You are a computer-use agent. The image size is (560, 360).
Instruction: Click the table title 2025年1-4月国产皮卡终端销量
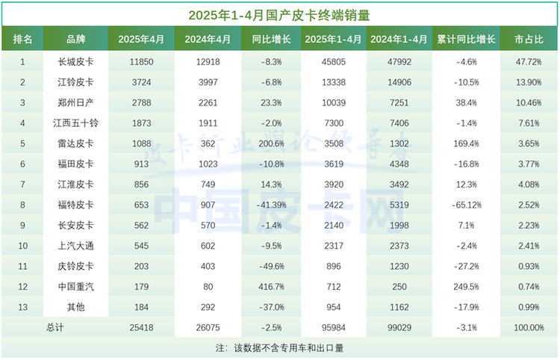279,14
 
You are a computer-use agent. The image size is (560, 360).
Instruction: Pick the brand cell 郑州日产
75,103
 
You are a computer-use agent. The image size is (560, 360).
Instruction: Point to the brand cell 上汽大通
75,245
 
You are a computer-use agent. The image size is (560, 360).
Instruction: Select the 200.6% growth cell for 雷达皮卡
272,143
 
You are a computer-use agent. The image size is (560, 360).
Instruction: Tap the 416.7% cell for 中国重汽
272,286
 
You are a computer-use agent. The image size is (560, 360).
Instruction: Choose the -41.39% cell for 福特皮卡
272,205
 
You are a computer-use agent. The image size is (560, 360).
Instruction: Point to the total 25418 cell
140,327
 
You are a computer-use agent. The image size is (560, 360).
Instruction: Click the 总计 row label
55,327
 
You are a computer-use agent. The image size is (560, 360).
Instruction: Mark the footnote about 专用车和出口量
279,347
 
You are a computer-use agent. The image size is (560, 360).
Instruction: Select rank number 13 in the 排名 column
22,306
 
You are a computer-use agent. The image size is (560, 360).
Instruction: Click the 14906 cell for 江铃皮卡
399,83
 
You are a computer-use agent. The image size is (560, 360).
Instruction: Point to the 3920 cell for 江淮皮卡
335,184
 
